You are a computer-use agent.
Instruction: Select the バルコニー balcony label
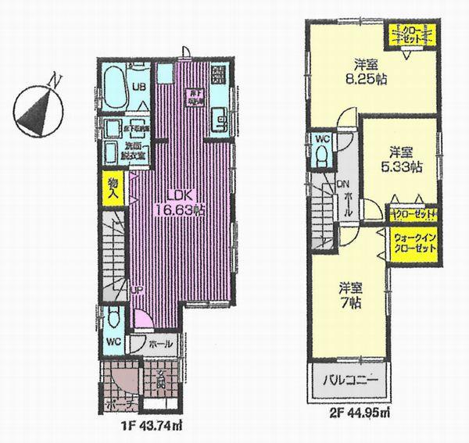click(x=352, y=383)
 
